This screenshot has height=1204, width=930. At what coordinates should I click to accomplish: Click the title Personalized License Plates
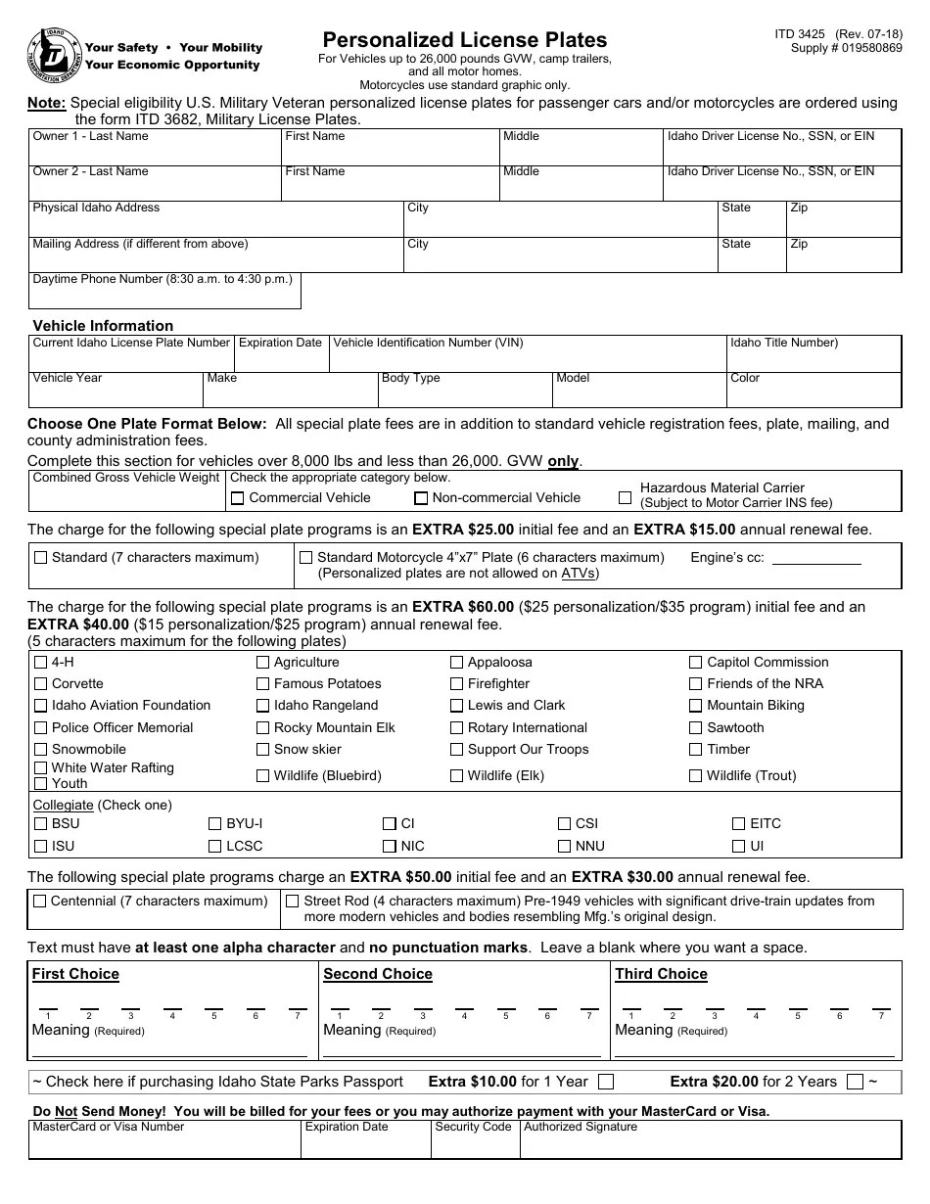coord(465,40)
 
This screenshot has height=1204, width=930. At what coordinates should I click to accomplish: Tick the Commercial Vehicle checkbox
coord(237,498)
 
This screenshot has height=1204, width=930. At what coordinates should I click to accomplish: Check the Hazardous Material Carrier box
coord(626,497)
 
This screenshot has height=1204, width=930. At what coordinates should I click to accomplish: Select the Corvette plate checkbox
coord(40,684)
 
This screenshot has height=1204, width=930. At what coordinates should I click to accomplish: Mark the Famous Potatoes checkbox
coord(262,684)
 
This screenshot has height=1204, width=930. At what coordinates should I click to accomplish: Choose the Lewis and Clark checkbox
coord(456,706)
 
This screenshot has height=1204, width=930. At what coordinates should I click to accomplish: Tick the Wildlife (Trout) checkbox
coord(696,776)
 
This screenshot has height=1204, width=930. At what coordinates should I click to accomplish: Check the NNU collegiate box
coord(564,846)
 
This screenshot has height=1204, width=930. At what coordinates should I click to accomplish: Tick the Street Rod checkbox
coord(292,901)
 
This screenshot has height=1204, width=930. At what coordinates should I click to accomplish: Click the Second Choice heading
coord(377,974)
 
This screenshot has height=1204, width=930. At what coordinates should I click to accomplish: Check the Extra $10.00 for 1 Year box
coord(606,1082)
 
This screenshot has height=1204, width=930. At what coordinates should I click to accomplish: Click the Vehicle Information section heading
coord(103,326)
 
